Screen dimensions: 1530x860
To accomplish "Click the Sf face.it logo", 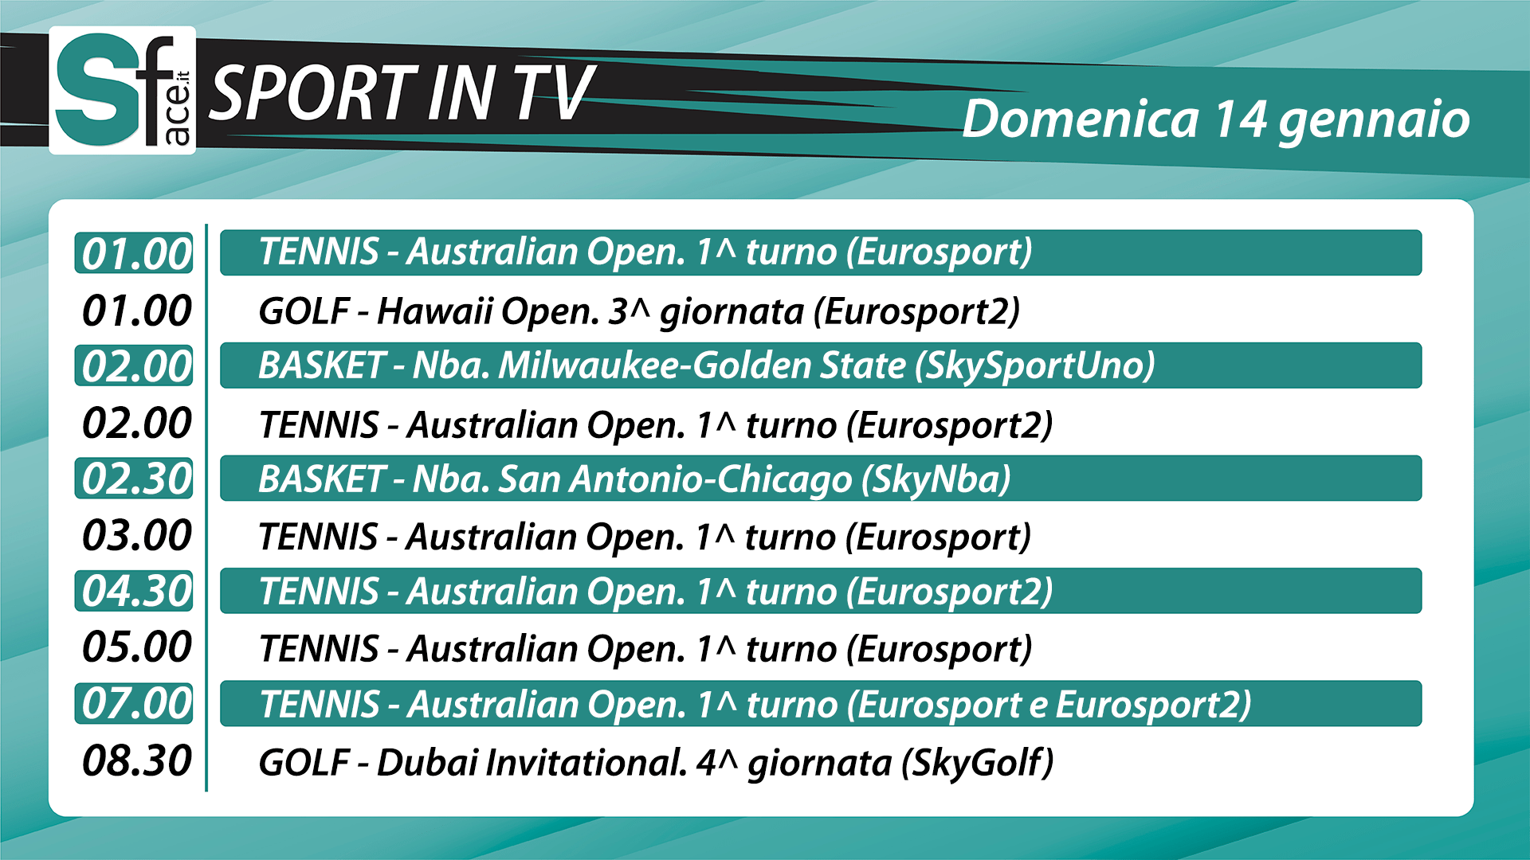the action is [x=123, y=90].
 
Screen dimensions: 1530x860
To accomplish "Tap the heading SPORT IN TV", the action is [x=402, y=93].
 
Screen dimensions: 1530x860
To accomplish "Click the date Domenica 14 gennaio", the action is [x=1216, y=120].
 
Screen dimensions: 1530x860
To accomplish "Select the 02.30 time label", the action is [x=136, y=479].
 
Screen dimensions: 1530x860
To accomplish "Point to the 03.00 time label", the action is [x=136, y=535].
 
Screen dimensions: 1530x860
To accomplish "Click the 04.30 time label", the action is [x=136, y=591].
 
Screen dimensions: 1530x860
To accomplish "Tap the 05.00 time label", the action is [x=136, y=647].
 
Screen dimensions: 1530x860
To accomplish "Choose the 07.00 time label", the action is [x=136, y=704].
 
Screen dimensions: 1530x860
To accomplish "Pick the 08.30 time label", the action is [x=136, y=760].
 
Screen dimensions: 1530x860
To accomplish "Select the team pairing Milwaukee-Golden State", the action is [x=702, y=365].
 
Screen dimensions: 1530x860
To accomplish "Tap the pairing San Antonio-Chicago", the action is [x=676, y=479].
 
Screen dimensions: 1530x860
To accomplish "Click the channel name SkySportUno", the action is [x=1034, y=366].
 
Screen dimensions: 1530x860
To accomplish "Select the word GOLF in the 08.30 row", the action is [x=304, y=762].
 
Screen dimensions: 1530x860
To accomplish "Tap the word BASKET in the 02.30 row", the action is [x=322, y=479].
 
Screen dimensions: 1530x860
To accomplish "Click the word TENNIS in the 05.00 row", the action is [x=319, y=648].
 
